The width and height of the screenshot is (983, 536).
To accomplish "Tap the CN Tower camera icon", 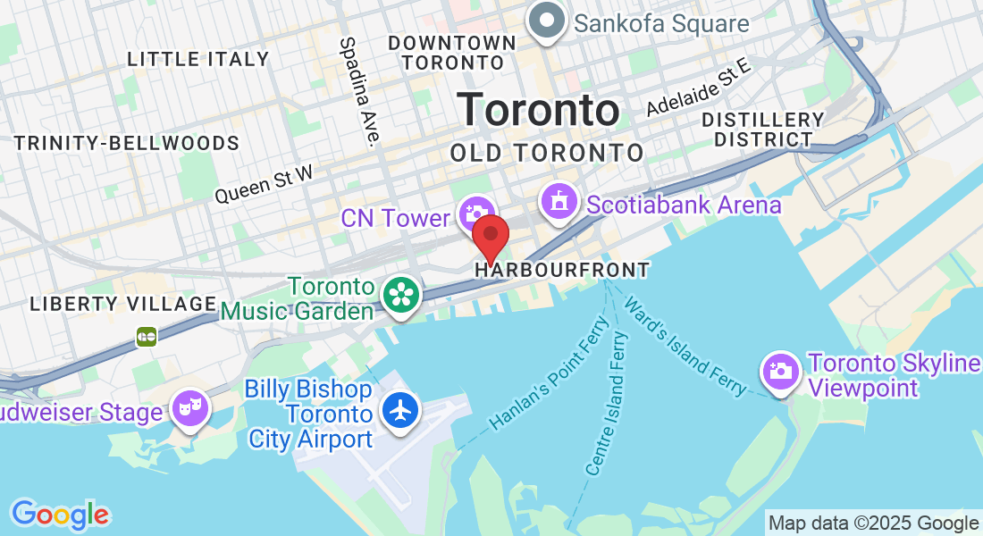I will point(475,214).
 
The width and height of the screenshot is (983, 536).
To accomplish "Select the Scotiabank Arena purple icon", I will point(559,201).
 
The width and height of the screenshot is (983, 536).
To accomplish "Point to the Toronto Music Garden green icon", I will point(399,294).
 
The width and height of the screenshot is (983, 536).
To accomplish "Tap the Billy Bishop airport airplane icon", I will point(399,410).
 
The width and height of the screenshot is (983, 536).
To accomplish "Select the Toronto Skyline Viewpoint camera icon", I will point(779,369).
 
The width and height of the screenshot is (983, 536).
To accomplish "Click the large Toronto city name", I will point(538,111).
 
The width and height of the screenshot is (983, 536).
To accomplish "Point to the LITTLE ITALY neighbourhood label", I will point(197,59).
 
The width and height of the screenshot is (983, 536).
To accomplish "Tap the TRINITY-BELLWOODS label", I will point(127,143).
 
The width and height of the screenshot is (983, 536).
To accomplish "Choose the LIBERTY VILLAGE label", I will point(123,304).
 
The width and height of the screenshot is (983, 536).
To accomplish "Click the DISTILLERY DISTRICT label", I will point(762,130).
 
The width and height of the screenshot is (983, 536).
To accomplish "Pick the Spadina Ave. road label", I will point(360,89).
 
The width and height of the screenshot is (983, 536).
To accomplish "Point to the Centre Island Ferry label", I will point(607,402).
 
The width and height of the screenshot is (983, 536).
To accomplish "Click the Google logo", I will point(60,515).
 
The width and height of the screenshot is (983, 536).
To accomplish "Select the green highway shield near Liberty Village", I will point(147,336).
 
